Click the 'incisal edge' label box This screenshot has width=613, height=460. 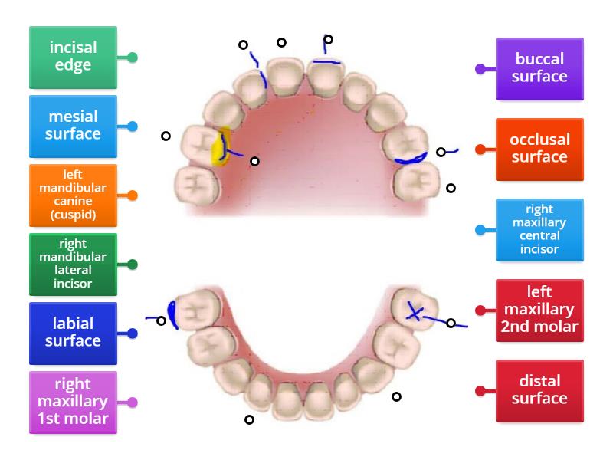click(x=73, y=58)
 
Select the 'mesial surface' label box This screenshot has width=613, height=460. click(x=73, y=126)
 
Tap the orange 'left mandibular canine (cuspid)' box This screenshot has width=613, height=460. click(x=73, y=195)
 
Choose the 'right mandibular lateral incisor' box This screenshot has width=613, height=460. click(x=73, y=264)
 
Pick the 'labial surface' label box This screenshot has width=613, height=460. click(x=73, y=333)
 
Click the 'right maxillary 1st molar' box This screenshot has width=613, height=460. click(x=73, y=402)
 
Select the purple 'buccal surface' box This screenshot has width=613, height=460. click(x=539, y=68)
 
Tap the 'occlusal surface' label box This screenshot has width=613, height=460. click(x=539, y=149)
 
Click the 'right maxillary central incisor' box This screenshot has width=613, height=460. click(x=539, y=229)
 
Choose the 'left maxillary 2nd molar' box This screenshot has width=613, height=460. click(x=539, y=310)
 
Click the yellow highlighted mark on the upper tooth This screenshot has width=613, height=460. click(x=221, y=148)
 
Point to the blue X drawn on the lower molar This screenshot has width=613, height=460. click(x=415, y=311)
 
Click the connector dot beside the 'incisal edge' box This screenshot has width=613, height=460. click(x=133, y=58)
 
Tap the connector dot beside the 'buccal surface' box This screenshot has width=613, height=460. click(x=480, y=68)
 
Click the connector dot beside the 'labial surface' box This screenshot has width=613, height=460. click(x=133, y=333)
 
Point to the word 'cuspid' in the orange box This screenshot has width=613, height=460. click(x=73, y=215)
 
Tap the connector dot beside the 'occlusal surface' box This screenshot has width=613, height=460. click(x=480, y=149)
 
